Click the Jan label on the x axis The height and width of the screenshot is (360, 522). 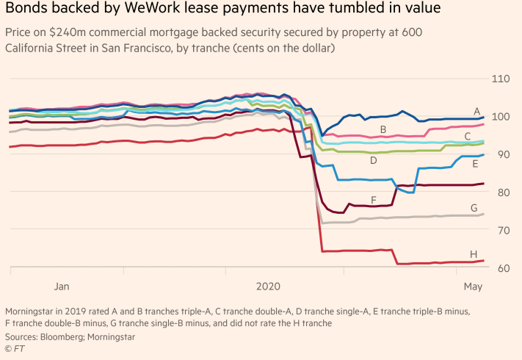point(62,285)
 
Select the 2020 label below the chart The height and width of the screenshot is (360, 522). point(267,285)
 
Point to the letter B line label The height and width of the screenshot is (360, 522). point(383,130)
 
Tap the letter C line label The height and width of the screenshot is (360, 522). point(468,136)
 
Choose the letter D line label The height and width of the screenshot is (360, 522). point(373,160)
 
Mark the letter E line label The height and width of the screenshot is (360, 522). point(475,165)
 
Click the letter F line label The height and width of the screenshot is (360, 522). point(374,199)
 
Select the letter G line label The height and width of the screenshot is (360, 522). point(474,209)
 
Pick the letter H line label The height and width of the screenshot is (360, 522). point(474,253)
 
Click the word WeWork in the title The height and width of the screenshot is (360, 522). point(129,11)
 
